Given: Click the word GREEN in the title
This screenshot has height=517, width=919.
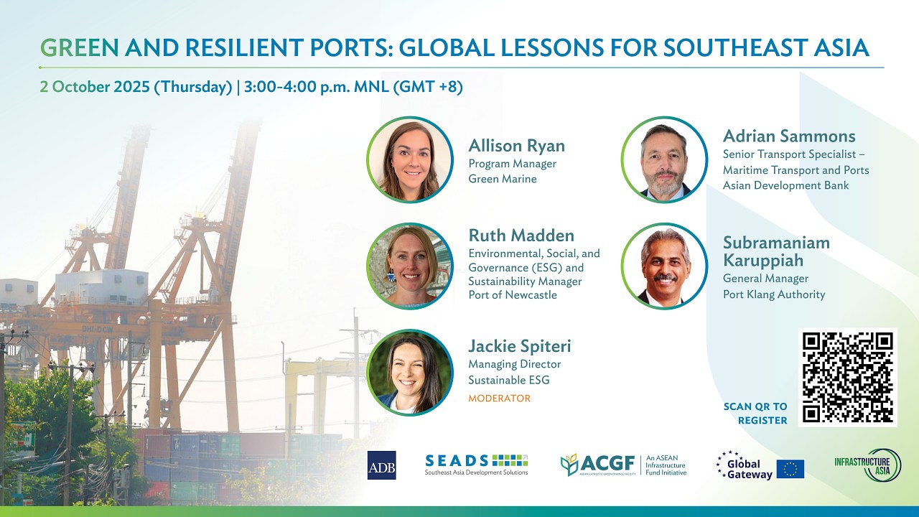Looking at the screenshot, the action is click(79, 47).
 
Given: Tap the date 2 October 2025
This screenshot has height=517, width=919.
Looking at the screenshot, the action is click(95, 87).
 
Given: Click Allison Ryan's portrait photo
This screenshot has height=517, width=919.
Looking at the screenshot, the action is click(410, 159).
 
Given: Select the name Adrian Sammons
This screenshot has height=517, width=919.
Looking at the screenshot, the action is click(789, 136).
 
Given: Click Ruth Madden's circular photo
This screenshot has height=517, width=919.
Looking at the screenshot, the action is click(410, 266).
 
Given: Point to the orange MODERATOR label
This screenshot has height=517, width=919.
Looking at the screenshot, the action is click(499, 398).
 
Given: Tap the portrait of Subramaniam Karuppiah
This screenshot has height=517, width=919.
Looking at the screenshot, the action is click(664, 266).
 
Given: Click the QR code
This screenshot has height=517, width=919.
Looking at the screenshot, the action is click(848, 377).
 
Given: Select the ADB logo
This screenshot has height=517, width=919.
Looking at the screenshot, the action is click(381, 465).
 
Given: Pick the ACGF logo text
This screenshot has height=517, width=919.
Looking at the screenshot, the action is click(607, 464).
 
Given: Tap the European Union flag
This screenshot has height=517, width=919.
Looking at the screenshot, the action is click(790, 469).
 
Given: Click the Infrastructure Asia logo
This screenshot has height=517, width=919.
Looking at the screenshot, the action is click(868, 465).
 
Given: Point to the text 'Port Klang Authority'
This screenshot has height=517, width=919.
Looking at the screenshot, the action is click(774, 294).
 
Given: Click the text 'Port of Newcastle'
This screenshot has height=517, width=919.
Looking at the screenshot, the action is click(513, 294).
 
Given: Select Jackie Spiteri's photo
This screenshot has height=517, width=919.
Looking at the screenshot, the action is click(410, 373).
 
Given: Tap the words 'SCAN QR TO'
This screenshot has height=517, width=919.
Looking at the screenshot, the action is click(755, 406).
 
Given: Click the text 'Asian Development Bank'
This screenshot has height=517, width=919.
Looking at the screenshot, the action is click(785, 185).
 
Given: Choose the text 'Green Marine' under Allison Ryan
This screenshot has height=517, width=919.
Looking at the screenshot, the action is click(503, 179).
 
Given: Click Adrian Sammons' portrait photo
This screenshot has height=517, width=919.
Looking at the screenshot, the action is click(664, 159).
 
